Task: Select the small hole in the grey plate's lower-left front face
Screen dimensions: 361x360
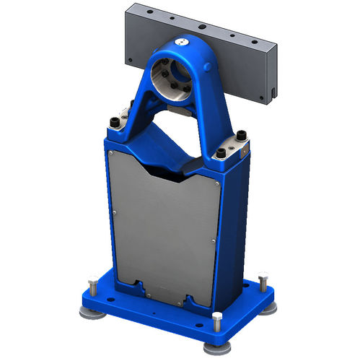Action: point(130,60)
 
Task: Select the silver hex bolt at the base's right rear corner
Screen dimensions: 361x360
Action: point(263,279)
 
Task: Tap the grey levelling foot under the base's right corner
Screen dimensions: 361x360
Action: point(270,308)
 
